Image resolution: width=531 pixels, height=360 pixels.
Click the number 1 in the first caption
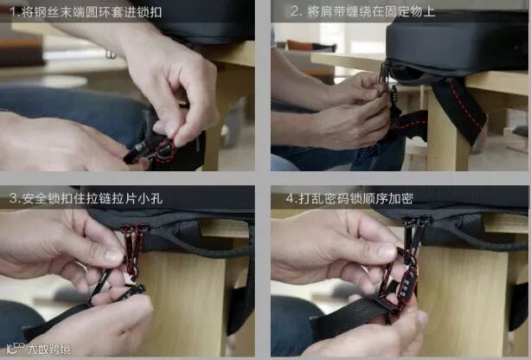[x=13, y=12]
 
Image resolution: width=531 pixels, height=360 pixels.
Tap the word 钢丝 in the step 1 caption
[x=43, y=12]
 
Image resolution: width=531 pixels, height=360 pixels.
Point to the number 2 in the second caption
[x=295, y=11]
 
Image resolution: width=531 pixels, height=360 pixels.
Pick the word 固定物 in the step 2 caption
[x=403, y=11]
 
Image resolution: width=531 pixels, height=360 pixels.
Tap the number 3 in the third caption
[x=13, y=198]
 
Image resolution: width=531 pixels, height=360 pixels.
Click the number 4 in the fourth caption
[x=291, y=198]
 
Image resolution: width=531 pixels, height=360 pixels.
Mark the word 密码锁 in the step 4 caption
[x=343, y=198]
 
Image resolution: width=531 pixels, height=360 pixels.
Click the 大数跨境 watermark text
[x=48, y=349]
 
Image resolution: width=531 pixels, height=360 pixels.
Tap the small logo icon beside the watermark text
[x=16, y=348]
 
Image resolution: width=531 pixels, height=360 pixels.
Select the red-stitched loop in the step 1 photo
[x=165, y=151]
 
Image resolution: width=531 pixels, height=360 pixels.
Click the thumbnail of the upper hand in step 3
[x=113, y=255]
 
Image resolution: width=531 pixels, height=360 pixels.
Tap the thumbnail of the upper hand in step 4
[x=386, y=252]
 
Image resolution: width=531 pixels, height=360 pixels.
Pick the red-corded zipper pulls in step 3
[x=134, y=249]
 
